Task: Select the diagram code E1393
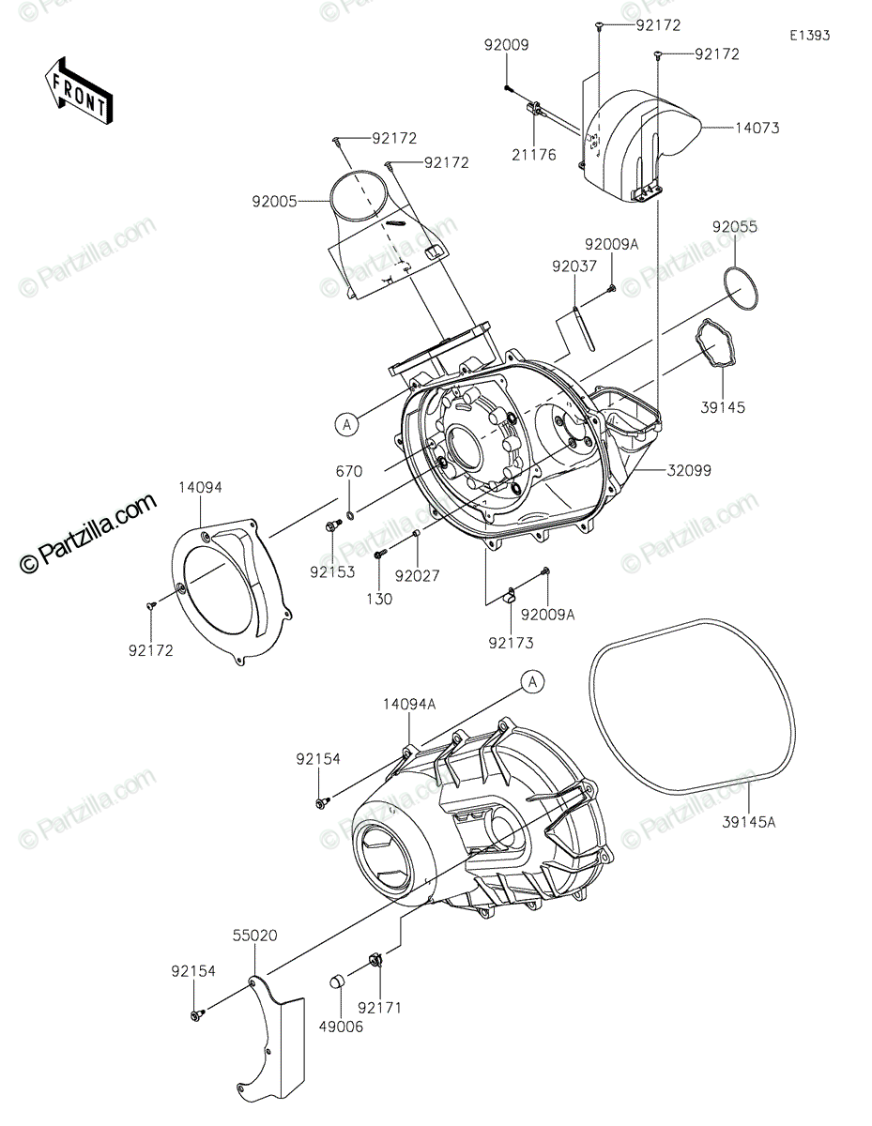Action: coord(809,36)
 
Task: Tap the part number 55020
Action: coord(256,936)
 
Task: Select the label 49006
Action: coord(340,1027)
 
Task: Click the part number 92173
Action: coord(510,643)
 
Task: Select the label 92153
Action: coord(333,571)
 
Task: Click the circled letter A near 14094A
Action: coord(532,682)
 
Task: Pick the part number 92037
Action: coord(574,267)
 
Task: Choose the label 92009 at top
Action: coord(507,45)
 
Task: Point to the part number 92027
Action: coord(417,574)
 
